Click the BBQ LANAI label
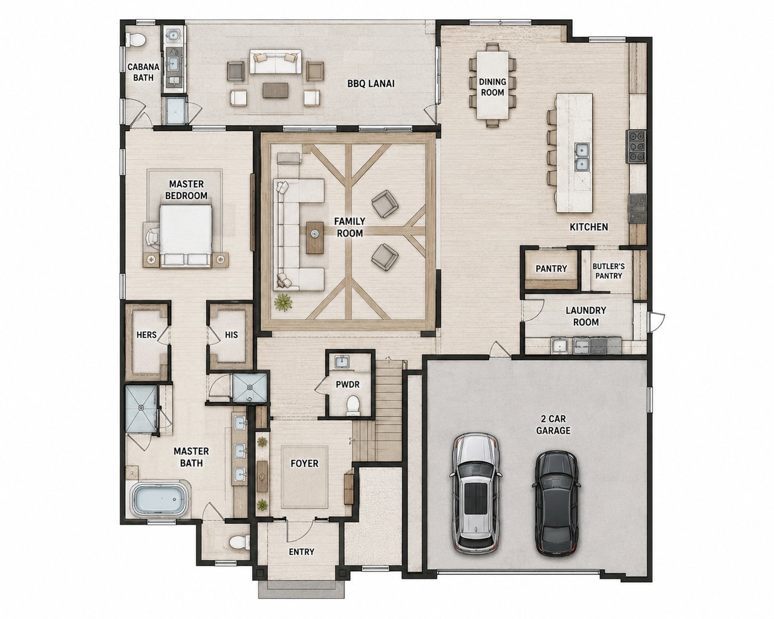(371, 83)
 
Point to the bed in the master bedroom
(186, 236)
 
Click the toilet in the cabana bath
(135, 39)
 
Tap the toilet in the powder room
(353, 406)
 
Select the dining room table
(492, 85)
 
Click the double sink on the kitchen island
(581, 156)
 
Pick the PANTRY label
(551, 268)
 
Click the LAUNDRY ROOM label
(586, 316)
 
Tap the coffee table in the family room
(315, 238)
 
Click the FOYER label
(304, 463)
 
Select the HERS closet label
(146, 335)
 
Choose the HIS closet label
(231, 335)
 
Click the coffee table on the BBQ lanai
(275, 90)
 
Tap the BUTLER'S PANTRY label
(608, 271)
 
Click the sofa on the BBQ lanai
(276, 62)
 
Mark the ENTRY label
(301, 552)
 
